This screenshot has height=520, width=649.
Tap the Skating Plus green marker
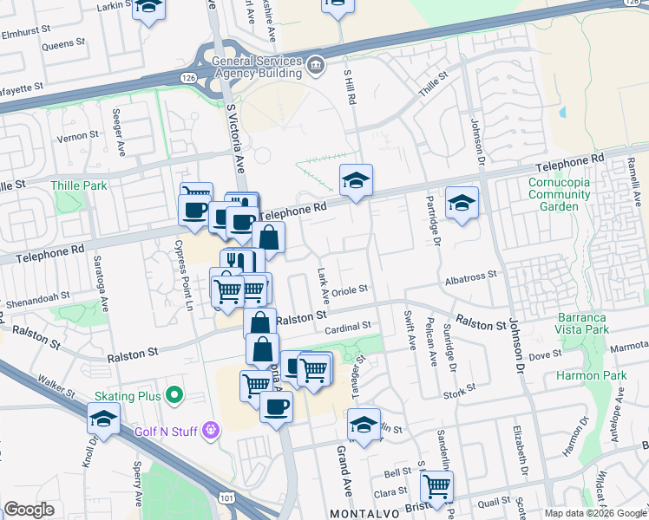pyautogui.click(x=174, y=396)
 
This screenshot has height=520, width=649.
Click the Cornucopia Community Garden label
pyautogui.click(x=559, y=194)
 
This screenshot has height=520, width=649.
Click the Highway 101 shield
pyautogui.click(x=226, y=498)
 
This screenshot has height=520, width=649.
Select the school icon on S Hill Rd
pyautogui.click(x=356, y=181)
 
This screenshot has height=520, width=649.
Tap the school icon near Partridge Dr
pyautogui.click(x=462, y=204)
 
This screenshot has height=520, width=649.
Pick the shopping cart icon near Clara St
pyautogui.click(x=436, y=485)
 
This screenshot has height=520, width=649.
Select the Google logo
pyautogui.click(x=29, y=510)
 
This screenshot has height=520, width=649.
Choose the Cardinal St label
pyautogui.click(x=347, y=327)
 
